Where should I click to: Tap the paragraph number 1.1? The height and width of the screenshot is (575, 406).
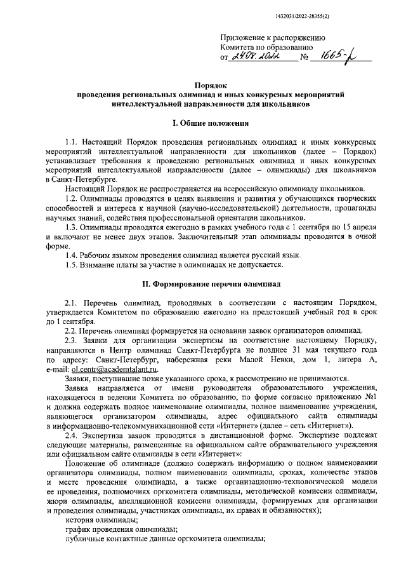(x=73, y=144)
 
